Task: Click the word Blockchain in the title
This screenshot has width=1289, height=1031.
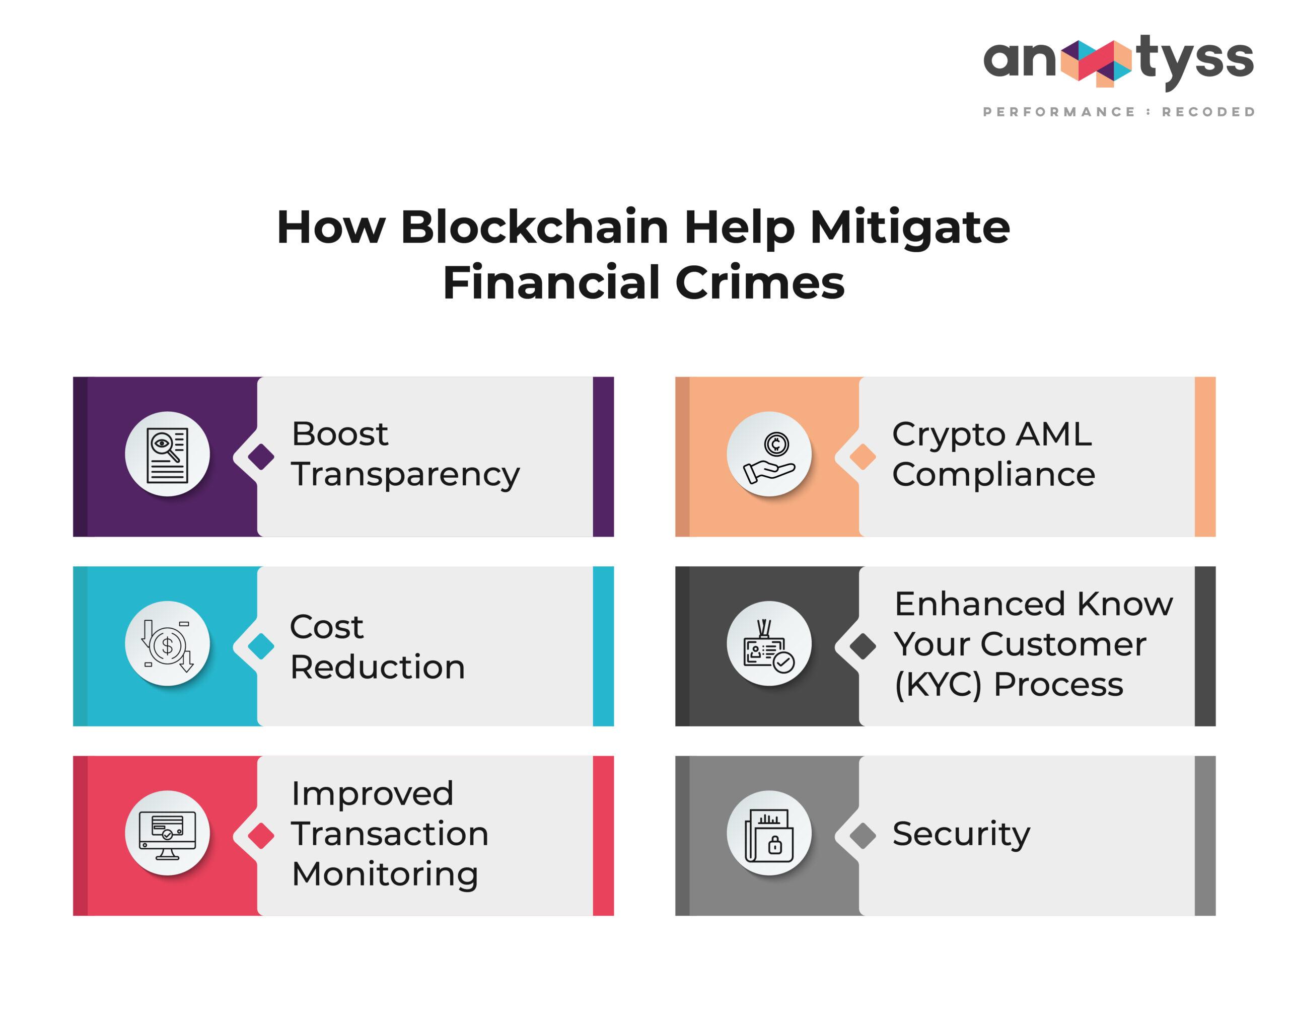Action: point(535,227)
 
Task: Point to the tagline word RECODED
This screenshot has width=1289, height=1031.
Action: point(1208,112)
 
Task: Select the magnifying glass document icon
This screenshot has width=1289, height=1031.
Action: point(167,455)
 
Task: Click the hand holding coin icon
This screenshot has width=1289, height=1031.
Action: point(769,457)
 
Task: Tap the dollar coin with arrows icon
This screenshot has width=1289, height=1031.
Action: point(167,645)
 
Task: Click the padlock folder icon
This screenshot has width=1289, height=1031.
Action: point(769,836)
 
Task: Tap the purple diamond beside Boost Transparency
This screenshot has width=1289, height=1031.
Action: point(261,457)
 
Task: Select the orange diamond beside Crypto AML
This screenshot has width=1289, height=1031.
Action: point(863,457)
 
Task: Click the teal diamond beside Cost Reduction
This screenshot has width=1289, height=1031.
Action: point(261,646)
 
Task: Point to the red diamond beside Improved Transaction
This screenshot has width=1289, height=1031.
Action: point(261,836)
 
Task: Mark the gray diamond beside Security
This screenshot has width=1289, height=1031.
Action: point(863,836)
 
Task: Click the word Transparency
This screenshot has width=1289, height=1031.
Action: point(406,476)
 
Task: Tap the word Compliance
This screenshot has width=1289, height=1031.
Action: point(993,476)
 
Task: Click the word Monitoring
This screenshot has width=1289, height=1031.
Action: point(385,875)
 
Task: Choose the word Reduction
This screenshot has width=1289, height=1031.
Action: point(378,667)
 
